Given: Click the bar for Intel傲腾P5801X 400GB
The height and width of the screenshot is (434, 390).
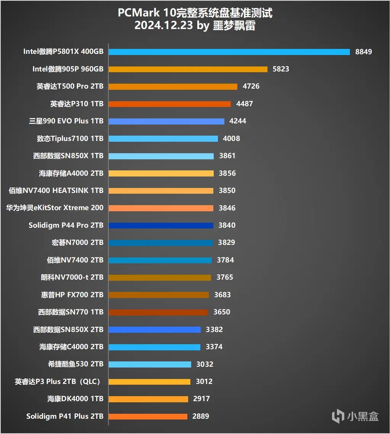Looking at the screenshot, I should (x=229, y=52).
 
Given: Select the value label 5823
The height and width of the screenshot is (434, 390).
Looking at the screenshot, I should (x=281, y=69).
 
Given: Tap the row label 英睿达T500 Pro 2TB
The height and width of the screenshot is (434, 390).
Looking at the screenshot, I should (x=70, y=86).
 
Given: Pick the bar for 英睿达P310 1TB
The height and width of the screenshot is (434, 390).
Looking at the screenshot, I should (x=169, y=104).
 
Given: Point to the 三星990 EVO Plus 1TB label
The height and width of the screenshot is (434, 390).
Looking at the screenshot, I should (x=66, y=121).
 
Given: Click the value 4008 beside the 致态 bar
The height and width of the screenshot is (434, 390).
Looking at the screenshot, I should (x=232, y=138).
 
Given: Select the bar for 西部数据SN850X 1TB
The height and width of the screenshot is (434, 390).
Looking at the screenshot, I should (x=161, y=156).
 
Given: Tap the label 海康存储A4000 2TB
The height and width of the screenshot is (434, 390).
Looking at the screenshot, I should (x=71, y=173).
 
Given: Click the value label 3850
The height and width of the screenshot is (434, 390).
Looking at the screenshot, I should (x=227, y=190).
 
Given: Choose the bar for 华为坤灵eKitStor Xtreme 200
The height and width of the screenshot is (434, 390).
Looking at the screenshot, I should (x=161, y=208).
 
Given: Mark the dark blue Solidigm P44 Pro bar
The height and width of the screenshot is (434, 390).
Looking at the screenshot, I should (x=161, y=225).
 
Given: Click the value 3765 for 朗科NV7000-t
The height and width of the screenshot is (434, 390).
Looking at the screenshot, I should (x=225, y=277).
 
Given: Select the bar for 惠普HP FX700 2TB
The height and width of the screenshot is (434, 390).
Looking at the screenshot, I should (x=158, y=295).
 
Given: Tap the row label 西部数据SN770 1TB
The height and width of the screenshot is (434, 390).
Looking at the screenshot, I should (x=71, y=312).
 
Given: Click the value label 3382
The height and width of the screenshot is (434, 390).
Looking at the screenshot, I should (x=214, y=329).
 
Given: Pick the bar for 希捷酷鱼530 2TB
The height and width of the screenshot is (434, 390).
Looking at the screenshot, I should (x=150, y=364).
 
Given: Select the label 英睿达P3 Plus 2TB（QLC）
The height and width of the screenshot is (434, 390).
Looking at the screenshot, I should (x=60, y=381).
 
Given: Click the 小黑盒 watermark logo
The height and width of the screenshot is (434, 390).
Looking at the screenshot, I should (x=355, y=416).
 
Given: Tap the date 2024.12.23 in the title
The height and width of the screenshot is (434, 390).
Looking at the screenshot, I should (x=163, y=26).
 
